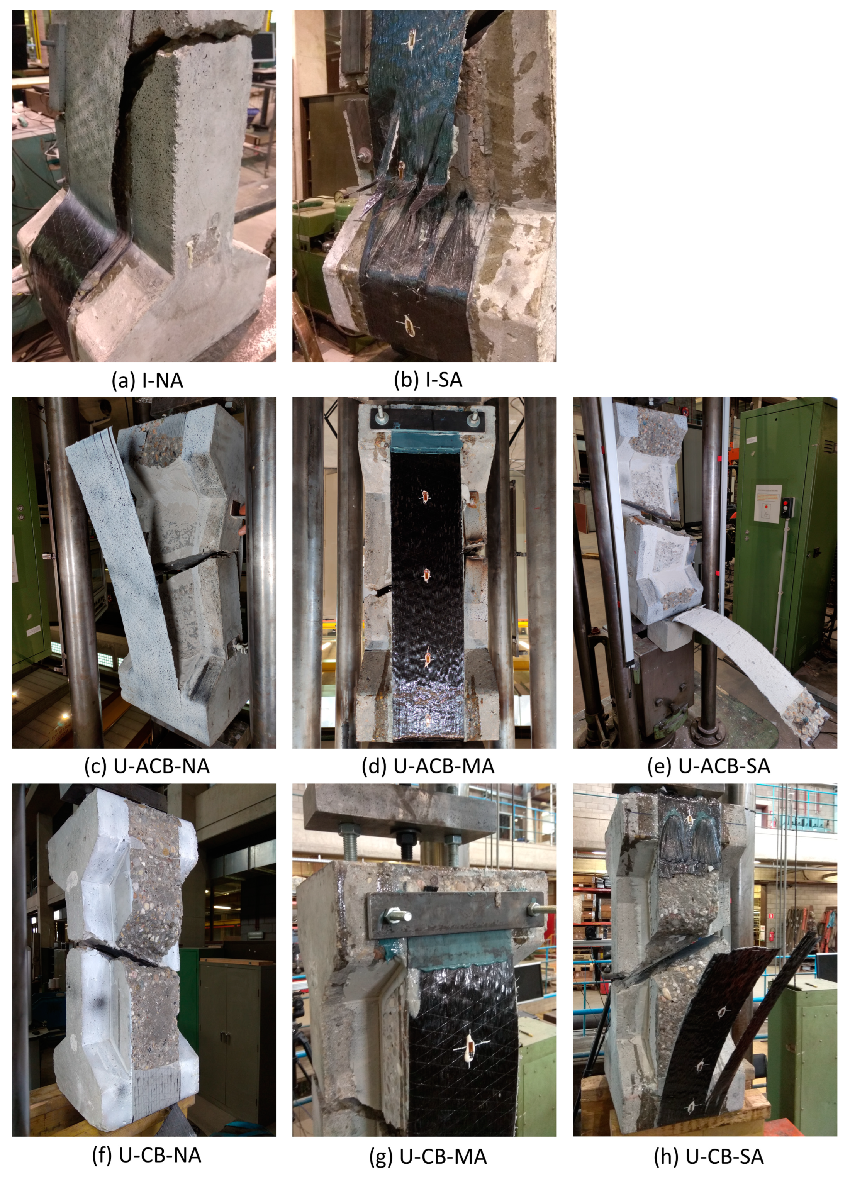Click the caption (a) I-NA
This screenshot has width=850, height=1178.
pos(147,381)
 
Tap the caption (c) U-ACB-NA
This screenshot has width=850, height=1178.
pos(147,766)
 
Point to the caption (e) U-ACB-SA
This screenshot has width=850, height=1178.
pos(708,766)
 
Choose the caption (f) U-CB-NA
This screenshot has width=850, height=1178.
pos(147,1155)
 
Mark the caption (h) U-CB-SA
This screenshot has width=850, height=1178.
pos(708,1156)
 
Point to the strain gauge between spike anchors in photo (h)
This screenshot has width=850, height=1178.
pos(690,821)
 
